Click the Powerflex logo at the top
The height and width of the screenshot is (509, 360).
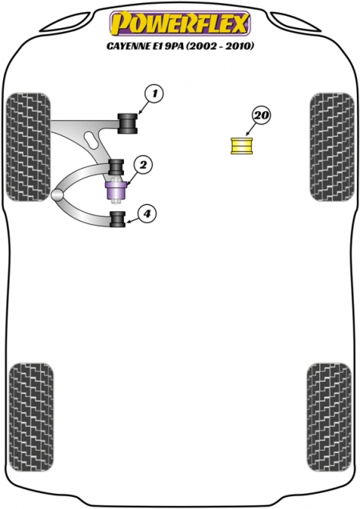[x=180, y=23]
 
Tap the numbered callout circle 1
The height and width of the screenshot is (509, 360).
[x=154, y=94]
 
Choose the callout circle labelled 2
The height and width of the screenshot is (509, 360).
[x=143, y=166]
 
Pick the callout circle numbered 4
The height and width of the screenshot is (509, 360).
[x=146, y=214]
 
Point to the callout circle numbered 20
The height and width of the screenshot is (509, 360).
[x=262, y=115]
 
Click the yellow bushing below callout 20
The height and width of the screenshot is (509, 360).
[x=242, y=146]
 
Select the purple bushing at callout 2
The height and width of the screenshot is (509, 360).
[x=116, y=191]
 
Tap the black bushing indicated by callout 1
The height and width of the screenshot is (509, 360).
[x=127, y=123]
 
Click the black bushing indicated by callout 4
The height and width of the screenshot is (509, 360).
[x=118, y=219]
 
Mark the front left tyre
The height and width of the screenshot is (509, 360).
[x=28, y=146]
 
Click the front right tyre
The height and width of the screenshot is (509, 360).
[x=332, y=146]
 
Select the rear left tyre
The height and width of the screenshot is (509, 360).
[x=31, y=417]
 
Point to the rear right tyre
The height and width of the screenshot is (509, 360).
[x=329, y=417]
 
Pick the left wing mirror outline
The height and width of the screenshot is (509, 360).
[x=65, y=22]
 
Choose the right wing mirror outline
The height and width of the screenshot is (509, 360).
[x=295, y=22]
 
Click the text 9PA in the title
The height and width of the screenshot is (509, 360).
[x=175, y=46]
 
